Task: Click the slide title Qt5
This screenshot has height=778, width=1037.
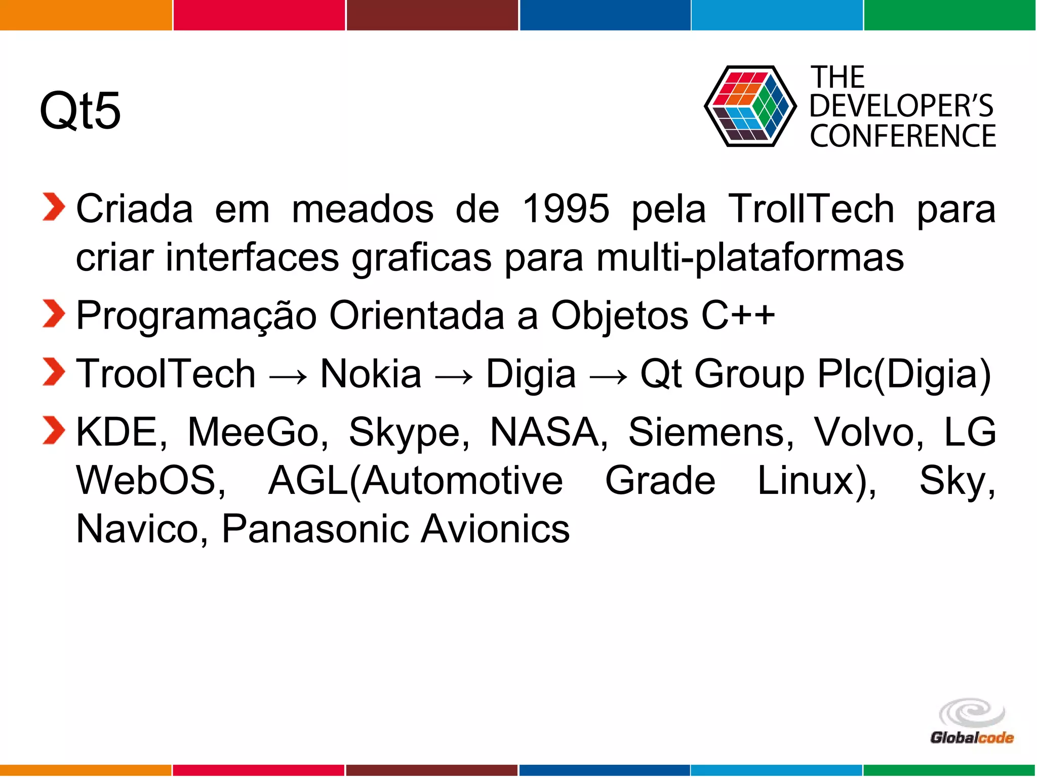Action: pos(80,110)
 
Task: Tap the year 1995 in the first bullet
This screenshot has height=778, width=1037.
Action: pos(566,208)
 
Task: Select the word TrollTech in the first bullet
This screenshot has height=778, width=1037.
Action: pos(811,208)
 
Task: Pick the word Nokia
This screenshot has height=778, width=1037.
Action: pos(371,374)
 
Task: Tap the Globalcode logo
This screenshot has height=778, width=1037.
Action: pos(971,722)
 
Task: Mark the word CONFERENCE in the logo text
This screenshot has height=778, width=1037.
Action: pos(903,136)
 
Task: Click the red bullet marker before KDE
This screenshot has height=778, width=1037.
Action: pos(54,430)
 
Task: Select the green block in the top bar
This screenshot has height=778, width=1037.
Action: pos(950,15)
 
